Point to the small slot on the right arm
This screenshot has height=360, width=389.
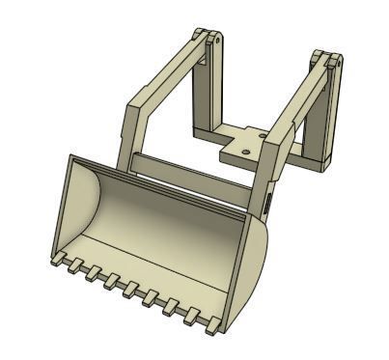pyautogui.click(x=267, y=202)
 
